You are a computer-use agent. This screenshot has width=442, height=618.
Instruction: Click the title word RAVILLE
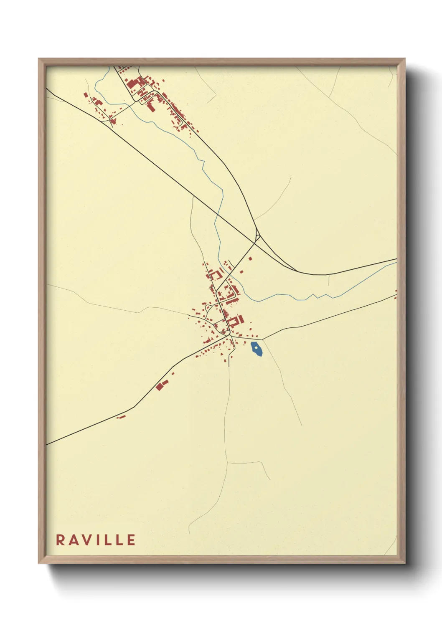(x=96, y=539)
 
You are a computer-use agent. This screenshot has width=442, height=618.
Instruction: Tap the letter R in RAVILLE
(x=60, y=539)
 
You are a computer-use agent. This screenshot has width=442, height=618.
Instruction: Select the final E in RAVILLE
(x=132, y=539)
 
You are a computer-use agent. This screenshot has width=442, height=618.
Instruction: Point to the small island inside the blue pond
(x=255, y=346)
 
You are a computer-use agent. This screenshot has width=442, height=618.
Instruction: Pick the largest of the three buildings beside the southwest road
(x=159, y=387)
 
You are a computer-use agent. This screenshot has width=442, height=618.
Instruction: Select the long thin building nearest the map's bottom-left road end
(x=122, y=416)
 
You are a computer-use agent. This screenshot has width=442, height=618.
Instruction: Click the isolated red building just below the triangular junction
(x=251, y=258)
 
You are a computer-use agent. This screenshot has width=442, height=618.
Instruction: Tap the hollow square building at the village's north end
(x=216, y=275)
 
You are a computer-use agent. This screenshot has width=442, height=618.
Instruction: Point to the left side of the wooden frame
(x=42, y=309)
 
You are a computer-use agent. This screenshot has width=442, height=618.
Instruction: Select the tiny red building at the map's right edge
(x=396, y=291)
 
